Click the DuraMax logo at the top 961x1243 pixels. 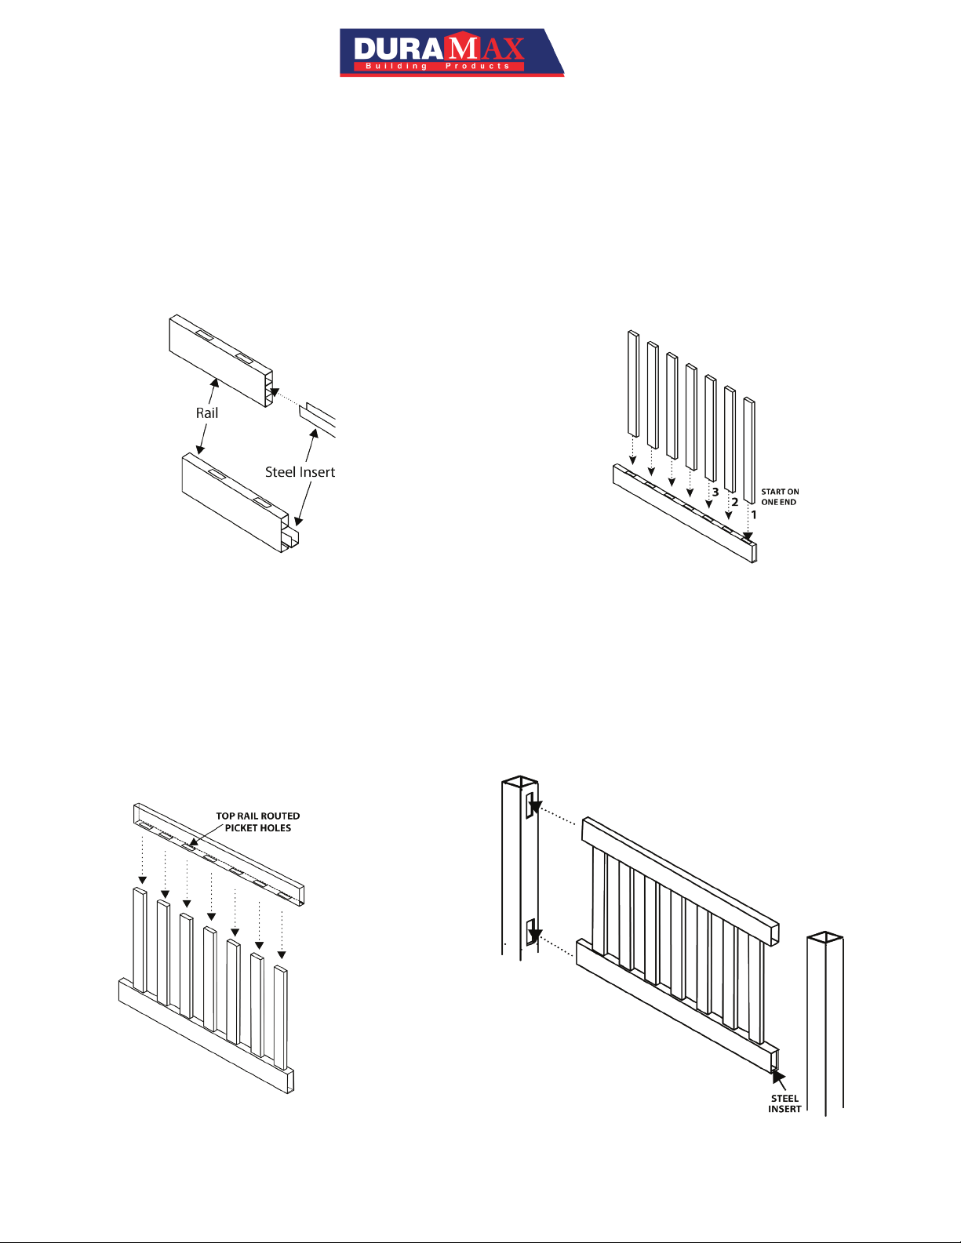452,52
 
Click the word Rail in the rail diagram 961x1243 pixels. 207,413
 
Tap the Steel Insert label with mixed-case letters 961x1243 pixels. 300,472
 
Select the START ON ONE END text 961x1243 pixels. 780,496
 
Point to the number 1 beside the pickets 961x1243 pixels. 754,514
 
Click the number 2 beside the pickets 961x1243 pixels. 735,502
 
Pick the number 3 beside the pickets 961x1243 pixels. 715,492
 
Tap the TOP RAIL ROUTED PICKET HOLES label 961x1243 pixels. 258,822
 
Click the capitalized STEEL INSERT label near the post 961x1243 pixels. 784,1103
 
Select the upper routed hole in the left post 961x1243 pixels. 531,805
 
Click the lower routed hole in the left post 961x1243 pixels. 531,932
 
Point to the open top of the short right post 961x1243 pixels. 824,936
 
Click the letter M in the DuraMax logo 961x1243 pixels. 463,48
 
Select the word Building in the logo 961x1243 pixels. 396,67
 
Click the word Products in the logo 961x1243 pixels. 478,67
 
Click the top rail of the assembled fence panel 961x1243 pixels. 681,881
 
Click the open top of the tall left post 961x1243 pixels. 520,781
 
